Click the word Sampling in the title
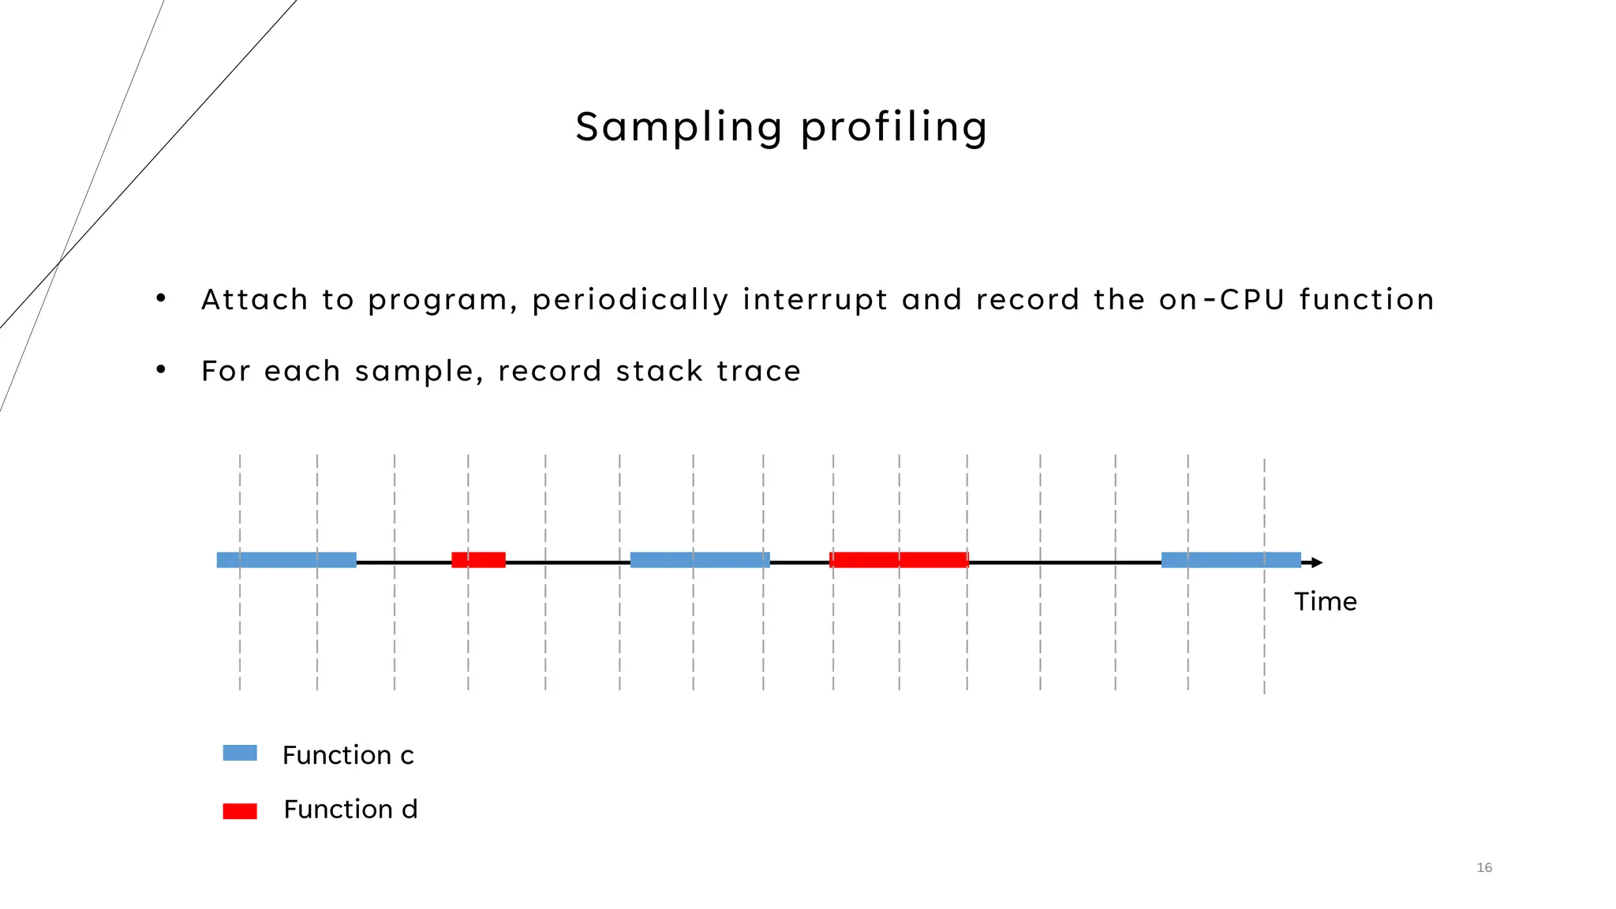678,127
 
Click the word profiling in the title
893,127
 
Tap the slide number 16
1483,868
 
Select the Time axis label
1325,602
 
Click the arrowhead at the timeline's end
1316,563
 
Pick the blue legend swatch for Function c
240,753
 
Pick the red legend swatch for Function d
240,811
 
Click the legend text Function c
348,755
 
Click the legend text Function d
350,810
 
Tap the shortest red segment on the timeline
478,560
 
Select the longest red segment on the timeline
899,560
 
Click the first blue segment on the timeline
286,560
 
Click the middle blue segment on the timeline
700,560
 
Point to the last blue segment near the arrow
1231,560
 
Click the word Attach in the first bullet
254,300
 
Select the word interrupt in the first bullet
815,300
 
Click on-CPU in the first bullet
1222,300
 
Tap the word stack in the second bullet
660,371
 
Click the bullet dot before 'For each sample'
161,369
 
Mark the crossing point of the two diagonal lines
60,261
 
